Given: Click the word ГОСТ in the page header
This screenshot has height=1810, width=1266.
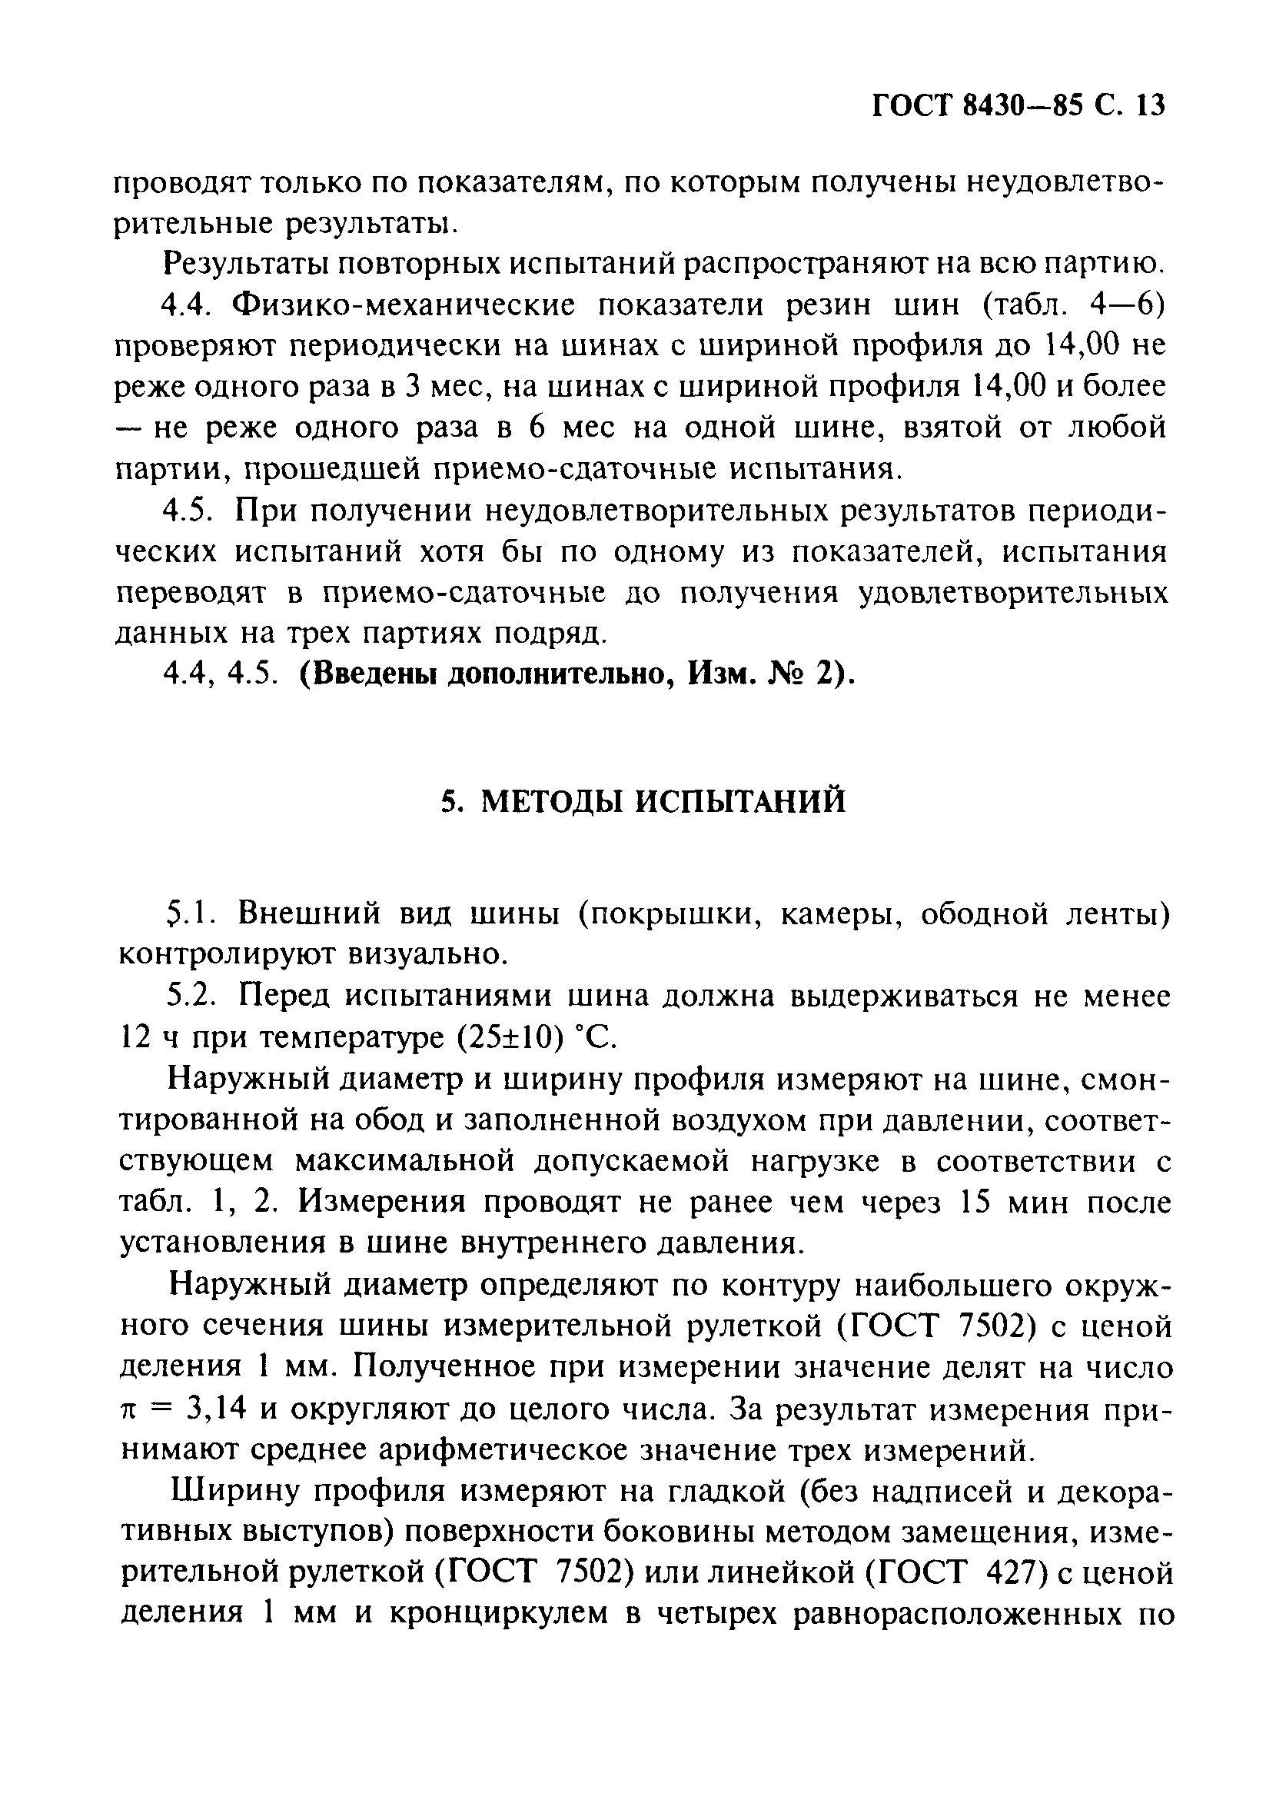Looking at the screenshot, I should (915, 105).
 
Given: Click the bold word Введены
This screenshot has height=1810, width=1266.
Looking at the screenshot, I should (370, 675).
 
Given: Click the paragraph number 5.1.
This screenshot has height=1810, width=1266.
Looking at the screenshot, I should (188, 913).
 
